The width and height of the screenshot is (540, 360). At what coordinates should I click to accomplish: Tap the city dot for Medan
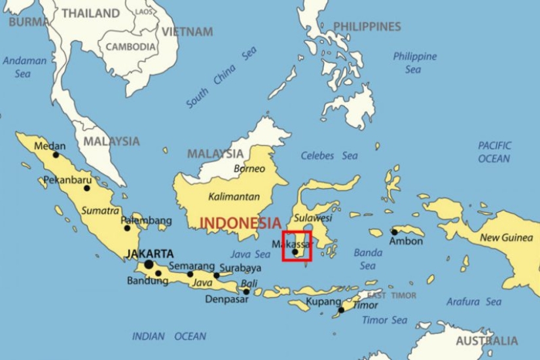click(x=56, y=155)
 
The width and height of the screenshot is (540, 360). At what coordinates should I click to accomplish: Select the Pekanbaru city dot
click(x=86, y=188)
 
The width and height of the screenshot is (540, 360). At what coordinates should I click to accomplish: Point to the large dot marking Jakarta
click(x=149, y=264)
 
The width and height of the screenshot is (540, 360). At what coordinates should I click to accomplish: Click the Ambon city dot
click(x=394, y=232)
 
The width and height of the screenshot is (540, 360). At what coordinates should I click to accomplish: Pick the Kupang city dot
click(x=341, y=310)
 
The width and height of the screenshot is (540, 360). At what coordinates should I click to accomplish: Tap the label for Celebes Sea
click(x=329, y=156)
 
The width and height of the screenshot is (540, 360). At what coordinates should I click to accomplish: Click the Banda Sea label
click(x=367, y=259)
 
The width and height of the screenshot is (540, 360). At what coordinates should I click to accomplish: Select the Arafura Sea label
click(x=474, y=302)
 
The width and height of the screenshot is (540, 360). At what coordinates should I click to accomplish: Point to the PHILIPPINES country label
click(x=367, y=27)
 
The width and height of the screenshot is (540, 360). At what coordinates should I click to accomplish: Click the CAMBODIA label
click(x=131, y=47)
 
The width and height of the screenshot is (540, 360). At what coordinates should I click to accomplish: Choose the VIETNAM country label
click(x=187, y=31)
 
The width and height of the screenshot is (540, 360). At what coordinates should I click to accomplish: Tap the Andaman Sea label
click(x=25, y=67)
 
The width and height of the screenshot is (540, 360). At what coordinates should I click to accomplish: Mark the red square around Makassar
click(x=297, y=246)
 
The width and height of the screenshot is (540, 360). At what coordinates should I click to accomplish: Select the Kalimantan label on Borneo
click(x=230, y=196)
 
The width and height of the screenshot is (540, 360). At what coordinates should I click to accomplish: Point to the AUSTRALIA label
click(x=486, y=341)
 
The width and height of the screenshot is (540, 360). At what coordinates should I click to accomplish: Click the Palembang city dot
click(x=128, y=228)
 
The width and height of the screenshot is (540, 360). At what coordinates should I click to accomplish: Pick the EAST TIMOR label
click(x=386, y=295)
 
